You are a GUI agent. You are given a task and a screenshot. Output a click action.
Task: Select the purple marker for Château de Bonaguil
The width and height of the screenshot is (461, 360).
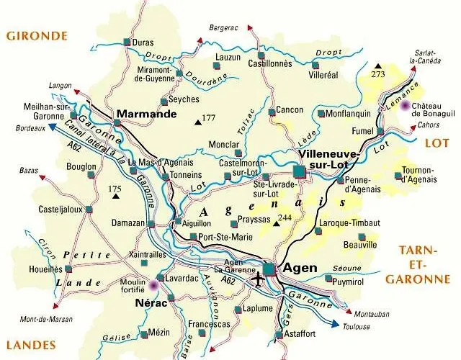pyautogui.click(x=405, y=106)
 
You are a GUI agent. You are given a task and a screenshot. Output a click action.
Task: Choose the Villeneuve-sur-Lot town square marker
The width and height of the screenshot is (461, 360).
pyautogui.click(x=299, y=170)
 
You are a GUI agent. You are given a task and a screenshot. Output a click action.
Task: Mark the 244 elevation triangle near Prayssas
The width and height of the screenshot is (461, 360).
pyautogui.click(x=276, y=224)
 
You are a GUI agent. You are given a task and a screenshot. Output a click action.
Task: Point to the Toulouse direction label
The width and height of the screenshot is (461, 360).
pyautogui.click(x=357, y=326)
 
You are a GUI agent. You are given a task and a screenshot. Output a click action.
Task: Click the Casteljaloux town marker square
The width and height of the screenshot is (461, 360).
pyautogui.click(x=89, y=210)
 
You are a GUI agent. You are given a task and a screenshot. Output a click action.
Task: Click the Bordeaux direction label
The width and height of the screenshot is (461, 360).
pyautogui.click(x=31, y=129)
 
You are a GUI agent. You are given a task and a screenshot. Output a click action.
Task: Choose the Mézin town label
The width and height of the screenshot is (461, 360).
pyautogui.click(x=158, y=332)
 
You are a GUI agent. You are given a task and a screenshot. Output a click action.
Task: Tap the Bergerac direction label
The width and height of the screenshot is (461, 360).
pyautogui.click(x=223, y=27)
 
